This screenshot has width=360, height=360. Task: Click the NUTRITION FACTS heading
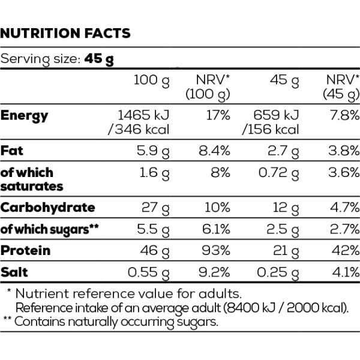tap(65, 33)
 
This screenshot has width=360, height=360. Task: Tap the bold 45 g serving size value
tap(99, 59)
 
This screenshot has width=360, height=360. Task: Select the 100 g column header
tap(152, 81)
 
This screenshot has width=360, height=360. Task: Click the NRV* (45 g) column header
tap(341, 87)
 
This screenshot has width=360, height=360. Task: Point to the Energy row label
tap(24, 116)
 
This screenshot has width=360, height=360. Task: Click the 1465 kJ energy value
tap(143, 115)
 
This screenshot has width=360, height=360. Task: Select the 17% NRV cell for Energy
tap(218, 115)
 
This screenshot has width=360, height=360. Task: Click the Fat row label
tap(12, 151)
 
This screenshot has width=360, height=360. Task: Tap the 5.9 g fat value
tap(153, 152)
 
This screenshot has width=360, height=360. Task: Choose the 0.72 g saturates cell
tap(279, 173)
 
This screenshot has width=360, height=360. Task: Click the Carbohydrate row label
tap(48, 208)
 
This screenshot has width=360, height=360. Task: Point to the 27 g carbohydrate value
tap(155, 208)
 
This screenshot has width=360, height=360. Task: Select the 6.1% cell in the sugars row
tap(216, 229)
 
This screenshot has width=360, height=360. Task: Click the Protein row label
tap(25, 250)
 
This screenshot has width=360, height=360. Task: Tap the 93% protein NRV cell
tap(216, 250)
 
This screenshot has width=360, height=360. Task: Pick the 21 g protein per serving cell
tap(286, 251)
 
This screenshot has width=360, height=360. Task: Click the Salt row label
tap(14, 272)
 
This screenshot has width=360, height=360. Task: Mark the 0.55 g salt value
tap(149, 273)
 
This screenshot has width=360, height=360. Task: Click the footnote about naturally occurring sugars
tap(110, 322)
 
